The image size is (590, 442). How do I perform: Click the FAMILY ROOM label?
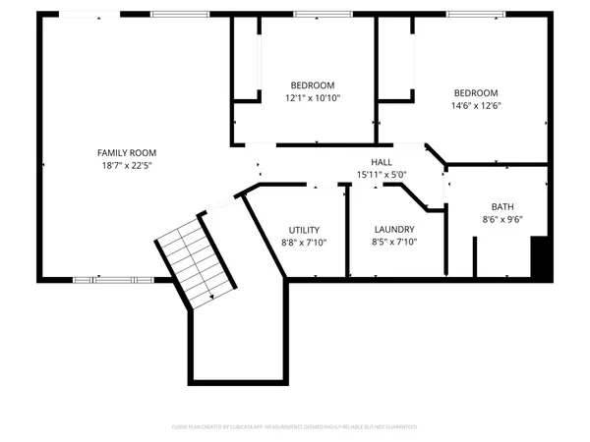click(x=126, y=152)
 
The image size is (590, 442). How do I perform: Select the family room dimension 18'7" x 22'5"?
click(x=126, y=166)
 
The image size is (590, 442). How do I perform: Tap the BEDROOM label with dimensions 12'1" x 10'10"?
click(x=313, y=84)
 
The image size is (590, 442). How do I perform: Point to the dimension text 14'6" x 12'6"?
click(x=475, y=106)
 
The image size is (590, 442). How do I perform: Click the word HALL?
click(x=382, y=162)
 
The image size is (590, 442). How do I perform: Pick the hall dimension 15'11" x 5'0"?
click(x=382, y=175)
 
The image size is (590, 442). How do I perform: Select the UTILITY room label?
click(x=305, y=229)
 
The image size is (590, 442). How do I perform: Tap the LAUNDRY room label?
click(x=393, y=229)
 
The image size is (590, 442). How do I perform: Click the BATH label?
click(x=502, y=206)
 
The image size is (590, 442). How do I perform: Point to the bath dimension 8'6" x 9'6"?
click(x=502, y=220)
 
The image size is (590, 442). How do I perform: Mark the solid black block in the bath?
click(x=539, y=257)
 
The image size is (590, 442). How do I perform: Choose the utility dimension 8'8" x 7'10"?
click(x=305, y=243)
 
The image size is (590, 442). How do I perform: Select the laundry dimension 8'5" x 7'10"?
click(x=393, y=243)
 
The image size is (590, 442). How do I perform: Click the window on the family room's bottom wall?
click(x=107, y=279)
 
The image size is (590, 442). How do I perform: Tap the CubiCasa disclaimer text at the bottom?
click(x=295, y=427)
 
